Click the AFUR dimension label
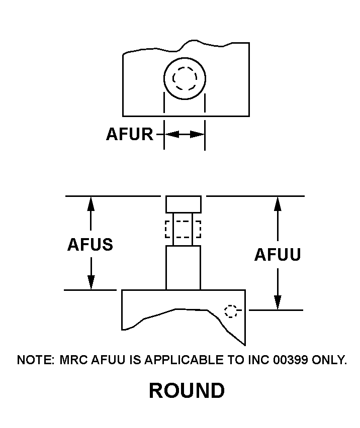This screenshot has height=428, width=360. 129,135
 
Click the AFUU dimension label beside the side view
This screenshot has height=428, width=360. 278,255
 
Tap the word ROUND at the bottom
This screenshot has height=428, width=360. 187,391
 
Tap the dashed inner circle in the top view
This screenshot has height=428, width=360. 185,78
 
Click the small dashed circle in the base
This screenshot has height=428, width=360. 231,311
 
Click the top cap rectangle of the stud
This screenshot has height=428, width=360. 184,204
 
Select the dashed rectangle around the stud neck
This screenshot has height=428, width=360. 183,229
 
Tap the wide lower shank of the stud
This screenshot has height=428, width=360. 183,267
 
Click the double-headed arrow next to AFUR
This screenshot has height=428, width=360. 185,135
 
